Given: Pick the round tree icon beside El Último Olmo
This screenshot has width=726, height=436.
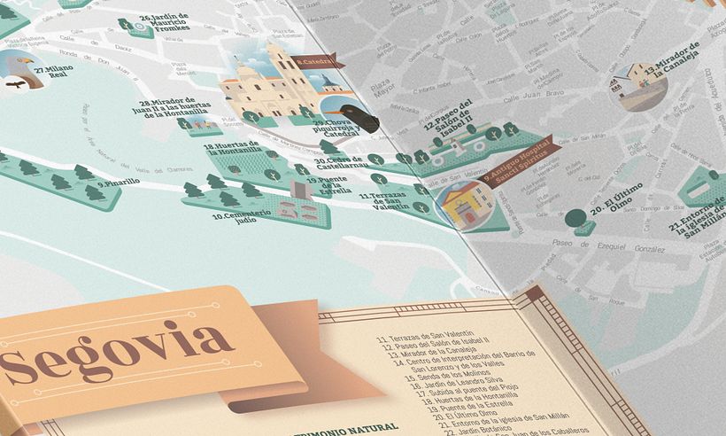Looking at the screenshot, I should tap(575, 217).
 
